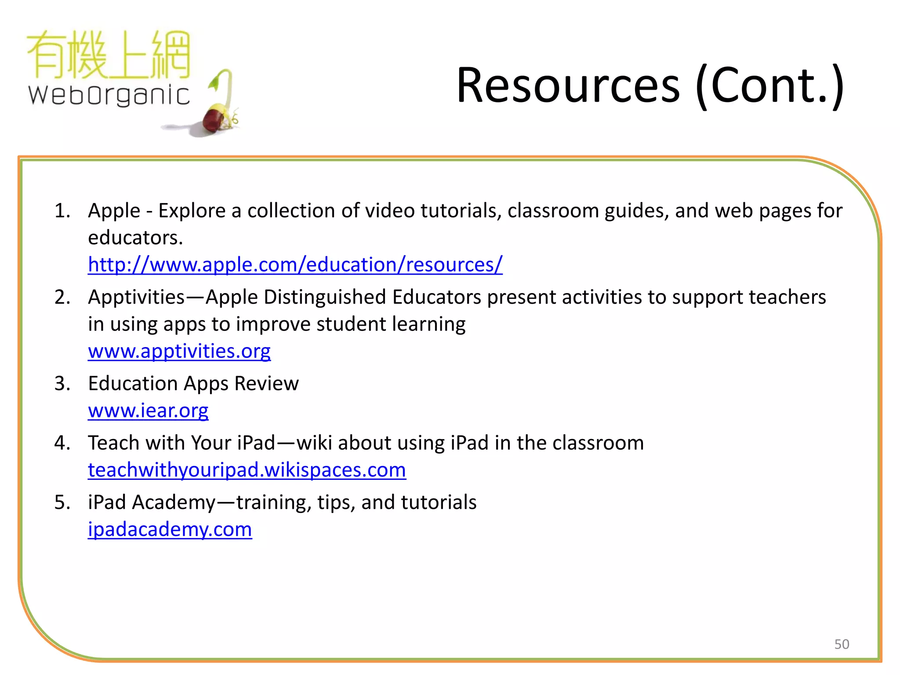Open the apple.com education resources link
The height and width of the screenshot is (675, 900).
point(295,265)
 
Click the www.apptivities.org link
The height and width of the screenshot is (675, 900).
point(179,351)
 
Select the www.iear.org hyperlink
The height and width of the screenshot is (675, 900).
point(148,410)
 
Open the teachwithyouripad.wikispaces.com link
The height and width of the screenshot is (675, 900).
point(247,470)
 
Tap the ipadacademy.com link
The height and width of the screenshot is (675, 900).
point(170,529)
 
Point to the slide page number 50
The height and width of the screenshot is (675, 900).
point(842,644)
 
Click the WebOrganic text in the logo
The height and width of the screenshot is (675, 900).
point(109,95)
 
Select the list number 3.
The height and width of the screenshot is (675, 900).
point(62,384)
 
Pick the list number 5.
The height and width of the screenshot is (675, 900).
point(62,502)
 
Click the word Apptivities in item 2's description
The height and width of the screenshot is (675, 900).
point(136,298)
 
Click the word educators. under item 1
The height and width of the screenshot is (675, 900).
point(135,238)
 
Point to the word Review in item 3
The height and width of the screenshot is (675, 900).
point(266,384)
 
